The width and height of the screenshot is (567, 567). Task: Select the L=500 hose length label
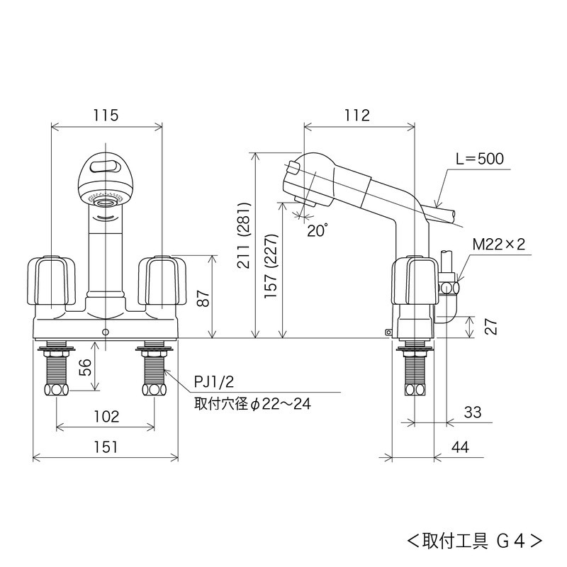[x=480, y=159]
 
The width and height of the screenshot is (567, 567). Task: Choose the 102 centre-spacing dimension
[x=105, y=417]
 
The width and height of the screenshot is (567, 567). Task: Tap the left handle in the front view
[x=51, y=281]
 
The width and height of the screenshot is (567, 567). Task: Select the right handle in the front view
[x=161, y=281]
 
